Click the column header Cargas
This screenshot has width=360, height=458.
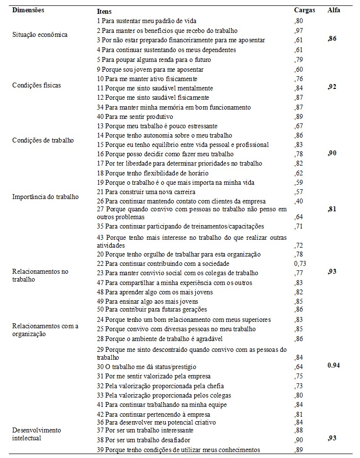tap(304, 10)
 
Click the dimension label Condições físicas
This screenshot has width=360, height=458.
tap(37, 85)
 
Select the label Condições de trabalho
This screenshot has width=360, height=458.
tap(43, 140)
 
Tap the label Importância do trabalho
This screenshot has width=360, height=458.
tap(45, 197)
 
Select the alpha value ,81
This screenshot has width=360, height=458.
tap(332, 209)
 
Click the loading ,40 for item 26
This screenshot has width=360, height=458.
tap(298, 201)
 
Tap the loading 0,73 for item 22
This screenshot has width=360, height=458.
tap(300, 263)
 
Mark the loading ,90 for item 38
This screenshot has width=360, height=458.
tap(298, 440)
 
